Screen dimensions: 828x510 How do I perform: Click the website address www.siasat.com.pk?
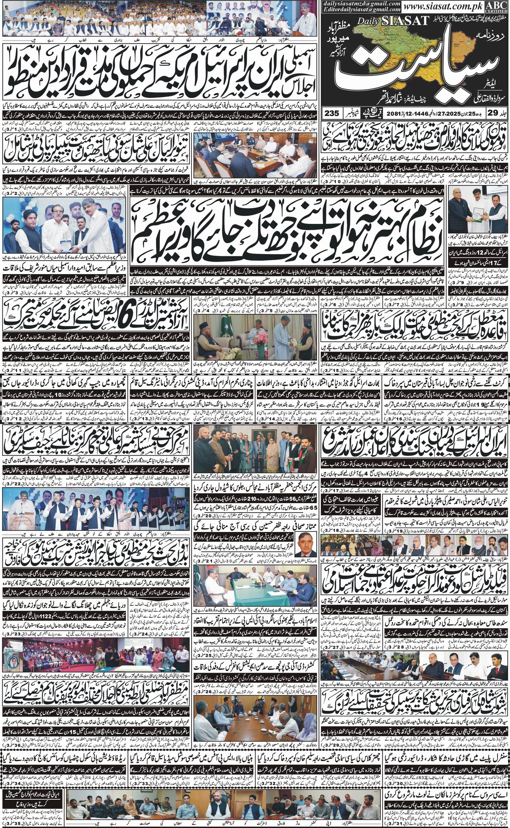pyautogui.click(x=450, y=7)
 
